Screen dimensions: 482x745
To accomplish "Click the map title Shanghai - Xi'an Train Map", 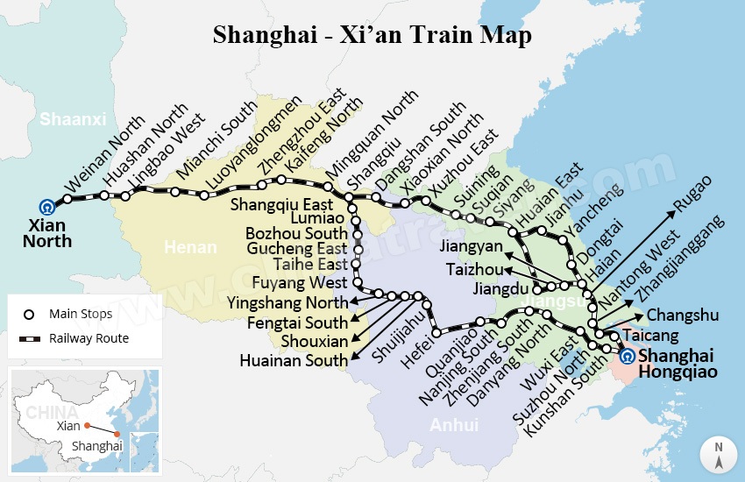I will point(372,35).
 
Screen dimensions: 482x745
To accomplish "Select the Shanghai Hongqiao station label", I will point(678,364).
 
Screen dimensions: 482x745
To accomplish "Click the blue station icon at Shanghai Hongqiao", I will point(627,356).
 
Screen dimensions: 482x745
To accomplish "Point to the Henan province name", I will point(190,247).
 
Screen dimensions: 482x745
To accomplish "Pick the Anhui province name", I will point(454,425).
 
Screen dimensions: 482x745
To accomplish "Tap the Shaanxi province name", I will point(73,118).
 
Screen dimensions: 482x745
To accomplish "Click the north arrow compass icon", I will point(718,456).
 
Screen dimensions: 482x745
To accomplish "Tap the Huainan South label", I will point(294,360).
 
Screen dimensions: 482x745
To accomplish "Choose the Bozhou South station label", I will point(296,233).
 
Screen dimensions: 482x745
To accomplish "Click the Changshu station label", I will point(682,315).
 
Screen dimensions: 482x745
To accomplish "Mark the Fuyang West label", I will point(300,283).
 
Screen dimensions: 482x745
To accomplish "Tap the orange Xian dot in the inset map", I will point(88,426).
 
